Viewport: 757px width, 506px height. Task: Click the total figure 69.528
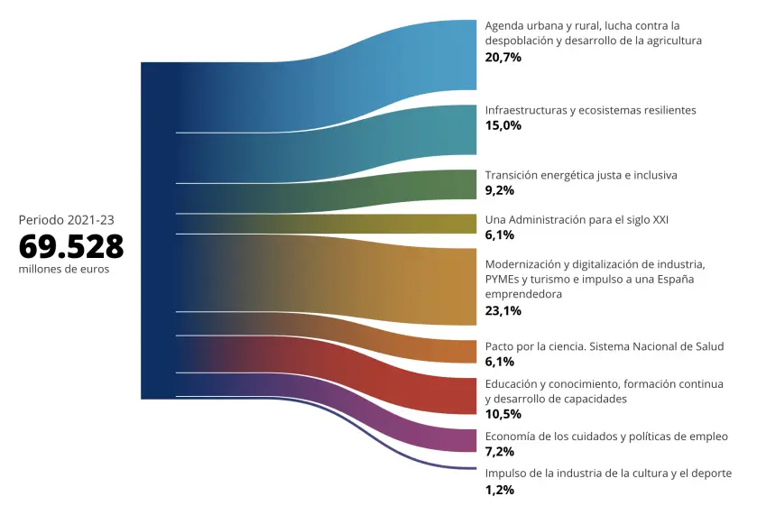(71, 246)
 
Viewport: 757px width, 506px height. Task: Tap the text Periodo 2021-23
(66, 219)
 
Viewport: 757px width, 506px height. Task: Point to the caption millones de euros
(64, 270)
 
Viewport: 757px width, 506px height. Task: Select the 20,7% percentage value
(503, 57)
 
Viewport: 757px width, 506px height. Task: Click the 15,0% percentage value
(503, 125)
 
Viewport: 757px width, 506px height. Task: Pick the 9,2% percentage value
(500, 190)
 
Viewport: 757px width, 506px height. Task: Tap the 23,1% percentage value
(503, 311)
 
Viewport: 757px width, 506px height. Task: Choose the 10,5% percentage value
(503, 414)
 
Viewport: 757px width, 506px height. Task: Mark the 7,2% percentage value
(500, 452)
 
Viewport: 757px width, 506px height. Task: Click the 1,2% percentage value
(500, 490)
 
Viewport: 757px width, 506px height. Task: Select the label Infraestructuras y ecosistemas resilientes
(590, 110)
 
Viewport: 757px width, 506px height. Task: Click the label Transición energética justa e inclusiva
(581, 175)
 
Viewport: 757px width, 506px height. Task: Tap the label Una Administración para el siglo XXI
(577, 219)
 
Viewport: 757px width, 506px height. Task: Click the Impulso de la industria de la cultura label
(608, 474)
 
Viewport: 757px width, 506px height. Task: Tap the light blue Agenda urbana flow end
(451, 55)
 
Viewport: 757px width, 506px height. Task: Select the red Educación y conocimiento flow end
(451, 395)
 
